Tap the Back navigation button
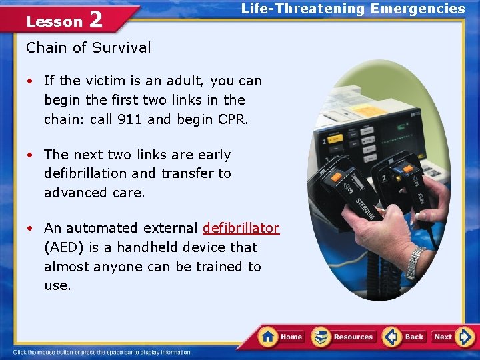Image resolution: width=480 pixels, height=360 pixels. (404, 337)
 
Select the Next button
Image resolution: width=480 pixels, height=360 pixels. (444, 337)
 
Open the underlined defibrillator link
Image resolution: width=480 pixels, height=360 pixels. (241, 228)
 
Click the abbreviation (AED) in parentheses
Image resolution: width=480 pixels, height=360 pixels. (63, 247)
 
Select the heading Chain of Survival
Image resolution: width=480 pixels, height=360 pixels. (89, 47)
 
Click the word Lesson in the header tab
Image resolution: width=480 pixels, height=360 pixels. (54, 21)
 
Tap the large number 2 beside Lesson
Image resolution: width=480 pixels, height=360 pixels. (95, 19)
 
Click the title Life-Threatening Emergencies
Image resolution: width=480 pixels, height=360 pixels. (353, 9)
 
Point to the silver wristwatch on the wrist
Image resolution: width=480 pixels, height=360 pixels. (417, 261)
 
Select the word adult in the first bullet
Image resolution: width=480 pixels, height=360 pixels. (185, 81)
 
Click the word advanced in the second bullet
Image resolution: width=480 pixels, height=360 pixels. (73, 193)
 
